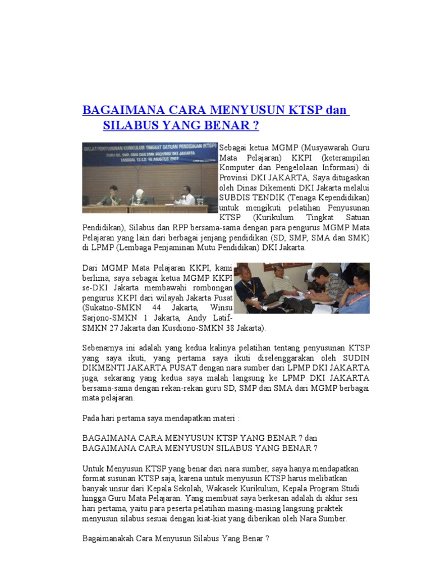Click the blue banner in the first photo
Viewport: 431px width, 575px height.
[x=149, y=153]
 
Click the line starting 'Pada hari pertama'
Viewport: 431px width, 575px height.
[x=161, y=418]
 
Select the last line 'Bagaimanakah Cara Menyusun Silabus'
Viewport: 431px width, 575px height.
[x=176, y=539]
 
